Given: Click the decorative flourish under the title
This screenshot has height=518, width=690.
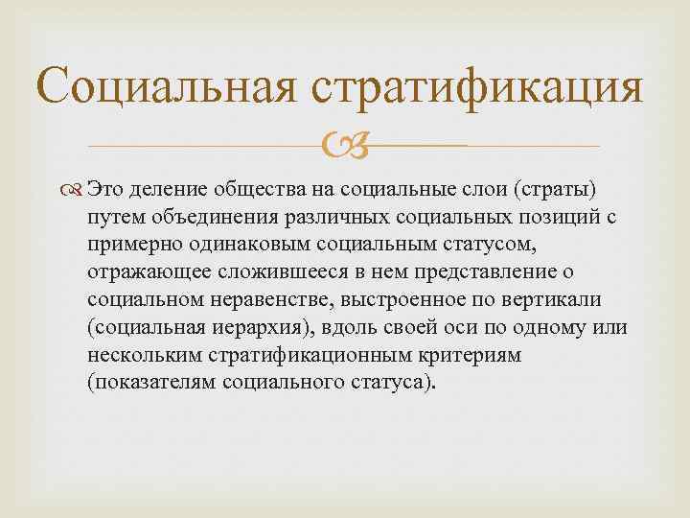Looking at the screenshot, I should (344, 147).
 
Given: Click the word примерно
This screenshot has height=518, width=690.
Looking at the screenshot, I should (126, 245).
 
